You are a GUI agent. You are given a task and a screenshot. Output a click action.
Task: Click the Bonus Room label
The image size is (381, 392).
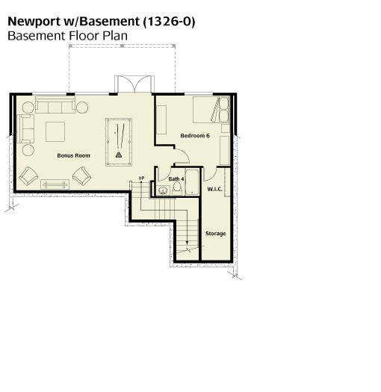coord(73,155)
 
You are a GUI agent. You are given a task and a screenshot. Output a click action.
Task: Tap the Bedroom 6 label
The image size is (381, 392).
coord(195,135)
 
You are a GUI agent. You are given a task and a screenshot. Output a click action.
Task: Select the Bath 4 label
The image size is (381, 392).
coord(176,179)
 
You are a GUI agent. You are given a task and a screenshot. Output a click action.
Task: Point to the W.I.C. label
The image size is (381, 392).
coord(215,189)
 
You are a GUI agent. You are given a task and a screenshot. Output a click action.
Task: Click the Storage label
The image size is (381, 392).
coord(215,234)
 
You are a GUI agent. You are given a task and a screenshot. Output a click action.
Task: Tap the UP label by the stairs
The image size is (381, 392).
coord(141,178)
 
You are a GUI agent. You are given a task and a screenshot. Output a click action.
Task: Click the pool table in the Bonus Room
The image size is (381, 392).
coord(119,142)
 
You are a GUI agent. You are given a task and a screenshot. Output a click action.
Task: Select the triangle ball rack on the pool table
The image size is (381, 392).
coord(119,155)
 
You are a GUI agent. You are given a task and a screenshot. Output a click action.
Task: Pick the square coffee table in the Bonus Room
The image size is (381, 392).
coord(55,131)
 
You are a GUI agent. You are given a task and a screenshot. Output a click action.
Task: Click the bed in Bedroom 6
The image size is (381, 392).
coord(211,110)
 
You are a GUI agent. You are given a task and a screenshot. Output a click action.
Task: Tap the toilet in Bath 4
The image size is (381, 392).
coord(177,188)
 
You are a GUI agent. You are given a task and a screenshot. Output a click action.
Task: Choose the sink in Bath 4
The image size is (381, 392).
coord(163,190)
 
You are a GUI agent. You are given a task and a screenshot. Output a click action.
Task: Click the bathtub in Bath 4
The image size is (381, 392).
coord(192,182)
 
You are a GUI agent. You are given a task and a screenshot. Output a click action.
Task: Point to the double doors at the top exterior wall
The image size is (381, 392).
coord(134,84)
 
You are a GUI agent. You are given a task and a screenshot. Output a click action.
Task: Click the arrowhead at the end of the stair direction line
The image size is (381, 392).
coord(187,242)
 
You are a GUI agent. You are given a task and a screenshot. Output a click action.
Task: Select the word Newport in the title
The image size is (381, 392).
coord(34,22)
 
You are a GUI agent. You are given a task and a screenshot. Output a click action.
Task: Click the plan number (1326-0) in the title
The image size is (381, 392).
coord(169,22)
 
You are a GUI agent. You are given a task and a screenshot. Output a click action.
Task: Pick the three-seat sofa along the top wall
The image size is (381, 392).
coord(55,105)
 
